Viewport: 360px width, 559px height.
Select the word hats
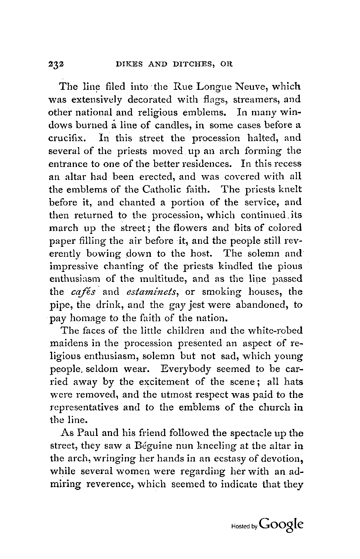[295, 382]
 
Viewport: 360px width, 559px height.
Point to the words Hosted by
[244, 527]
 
